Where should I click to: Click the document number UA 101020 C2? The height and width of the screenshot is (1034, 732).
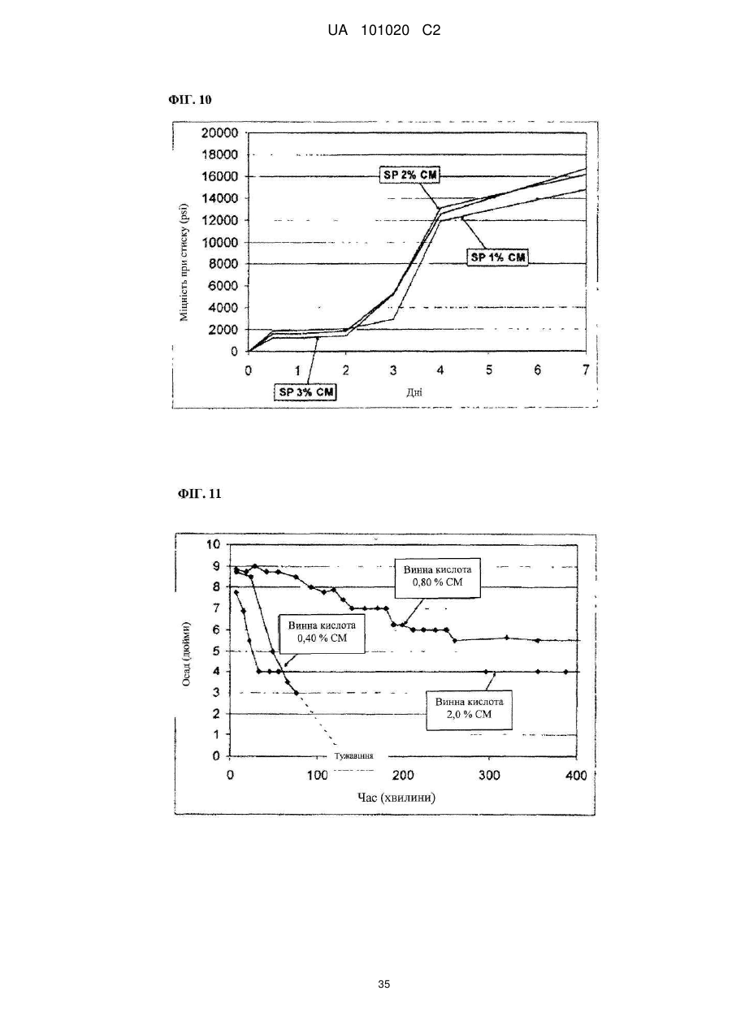[384, 31]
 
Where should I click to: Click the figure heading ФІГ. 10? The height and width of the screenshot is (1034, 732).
[190, 100]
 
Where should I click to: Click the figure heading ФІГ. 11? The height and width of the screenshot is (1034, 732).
[200, 494]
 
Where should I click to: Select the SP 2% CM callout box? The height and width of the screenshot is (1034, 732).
[410, 175]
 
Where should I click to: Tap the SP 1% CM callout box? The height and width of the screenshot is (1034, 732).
[498, 257]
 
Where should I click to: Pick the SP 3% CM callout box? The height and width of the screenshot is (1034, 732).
[305, 392]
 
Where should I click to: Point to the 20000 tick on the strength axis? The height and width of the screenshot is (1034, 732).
[219, 133]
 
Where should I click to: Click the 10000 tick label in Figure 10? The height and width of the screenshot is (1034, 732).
[219, 242]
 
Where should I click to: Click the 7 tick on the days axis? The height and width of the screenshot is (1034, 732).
[586, 370]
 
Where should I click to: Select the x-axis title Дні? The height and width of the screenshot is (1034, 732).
[414, 392]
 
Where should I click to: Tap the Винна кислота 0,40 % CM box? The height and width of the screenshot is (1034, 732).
[322, 634]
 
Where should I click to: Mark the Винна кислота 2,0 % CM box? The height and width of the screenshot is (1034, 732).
[470, 709]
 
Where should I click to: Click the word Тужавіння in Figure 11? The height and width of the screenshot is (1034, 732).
[353, 756]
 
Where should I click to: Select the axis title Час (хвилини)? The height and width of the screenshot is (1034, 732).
[396, 797]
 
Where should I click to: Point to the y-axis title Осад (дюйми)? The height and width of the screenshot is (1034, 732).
[187, 653]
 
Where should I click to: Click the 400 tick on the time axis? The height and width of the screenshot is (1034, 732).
[576, 776]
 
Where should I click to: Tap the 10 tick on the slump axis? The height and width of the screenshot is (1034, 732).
[214, 544]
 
